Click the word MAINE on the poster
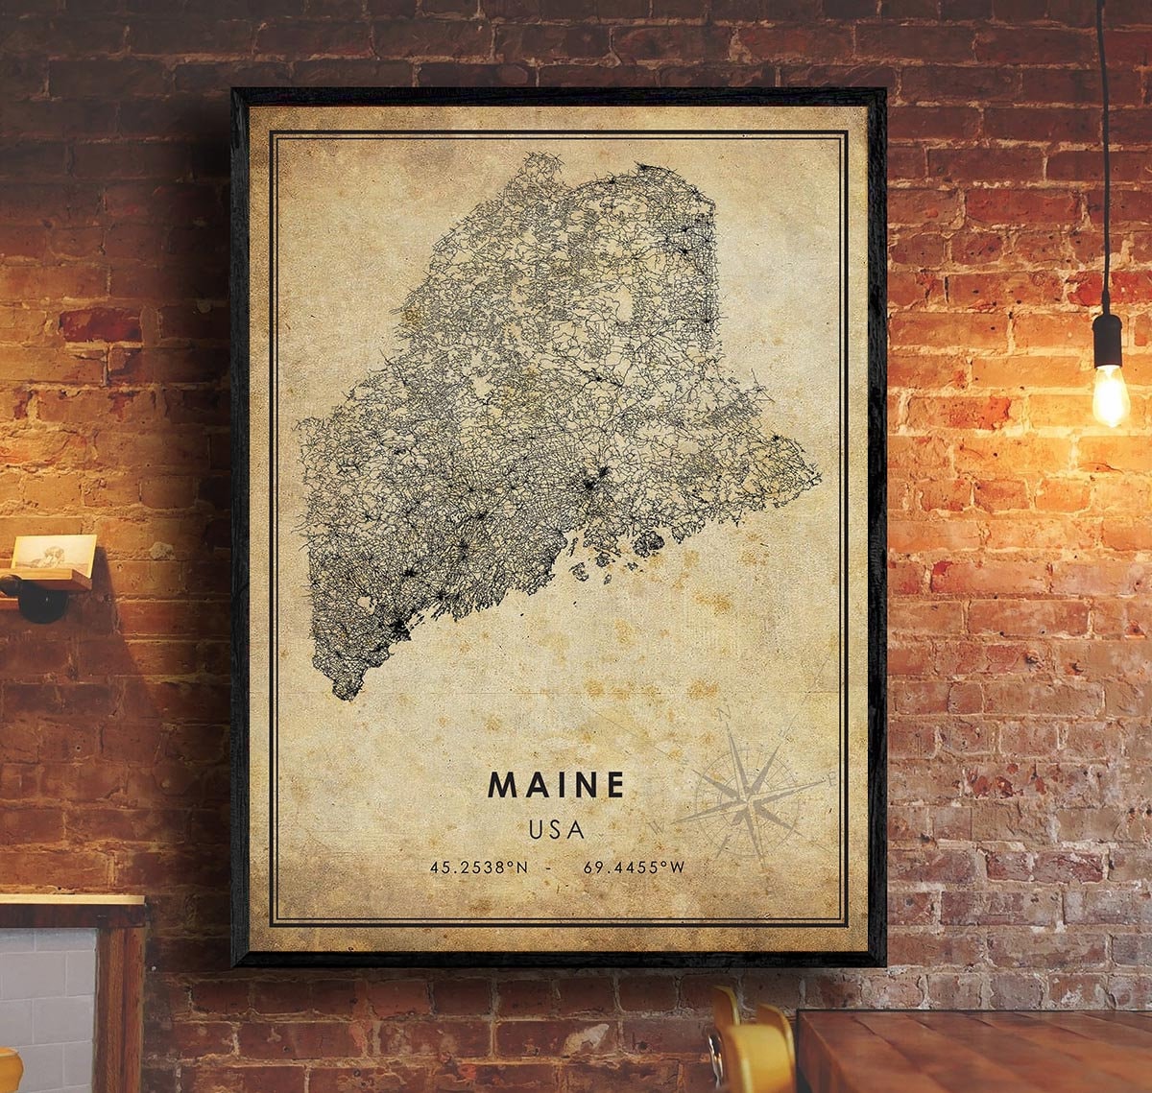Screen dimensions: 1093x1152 556,785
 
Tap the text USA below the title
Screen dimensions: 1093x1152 556,829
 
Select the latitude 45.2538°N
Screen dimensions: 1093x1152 479,867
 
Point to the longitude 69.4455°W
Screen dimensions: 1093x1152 634,867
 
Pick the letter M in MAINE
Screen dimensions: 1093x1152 502,785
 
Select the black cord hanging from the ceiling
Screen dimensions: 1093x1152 1104,144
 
